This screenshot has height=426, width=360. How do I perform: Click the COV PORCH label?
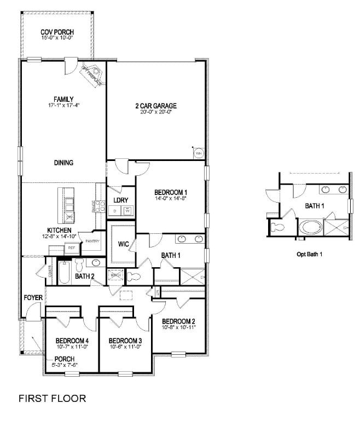(57, 33)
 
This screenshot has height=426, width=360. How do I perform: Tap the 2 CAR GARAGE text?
(156, 105)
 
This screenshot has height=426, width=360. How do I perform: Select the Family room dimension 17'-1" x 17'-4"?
(63, 105)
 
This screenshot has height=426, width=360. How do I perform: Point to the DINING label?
(63, 163)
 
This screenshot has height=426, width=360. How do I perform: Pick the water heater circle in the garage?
(199, 154)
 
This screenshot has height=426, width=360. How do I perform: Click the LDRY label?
(121, 200)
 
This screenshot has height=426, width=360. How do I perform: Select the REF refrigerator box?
(71, 248)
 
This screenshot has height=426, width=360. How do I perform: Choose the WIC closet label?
(119, 245)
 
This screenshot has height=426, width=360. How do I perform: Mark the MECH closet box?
(115, 276)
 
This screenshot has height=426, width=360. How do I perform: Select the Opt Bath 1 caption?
(310, 255)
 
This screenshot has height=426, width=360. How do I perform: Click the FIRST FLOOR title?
(53, 398)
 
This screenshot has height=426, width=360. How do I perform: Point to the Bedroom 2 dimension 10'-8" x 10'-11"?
(178, 327)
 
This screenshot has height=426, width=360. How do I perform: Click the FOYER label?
(33, 297)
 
